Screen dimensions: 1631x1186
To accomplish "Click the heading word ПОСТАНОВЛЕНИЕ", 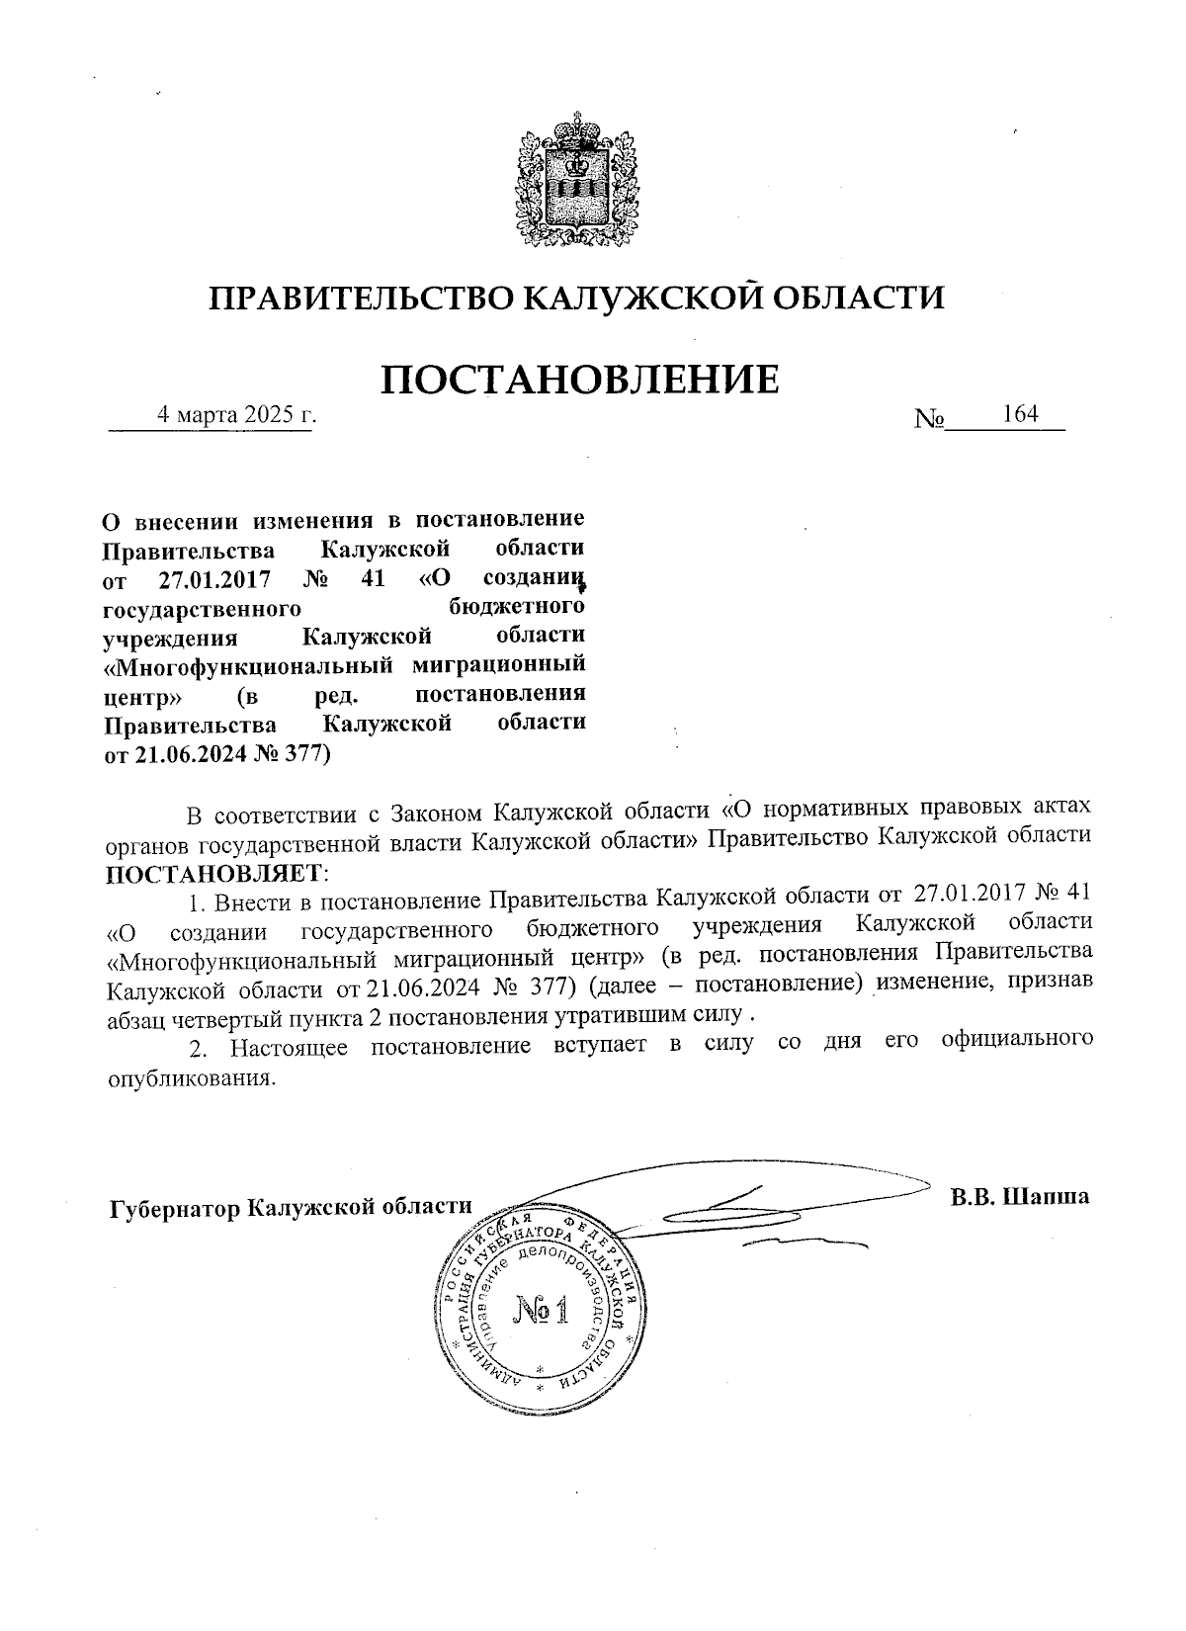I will click(580, 380).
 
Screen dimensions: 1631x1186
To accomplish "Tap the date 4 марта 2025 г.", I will click(237, 415).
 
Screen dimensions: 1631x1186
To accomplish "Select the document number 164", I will click(1019, 414).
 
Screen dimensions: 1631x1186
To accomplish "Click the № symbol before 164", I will click(930, 419).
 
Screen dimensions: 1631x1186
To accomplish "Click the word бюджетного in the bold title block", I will click(515, 605).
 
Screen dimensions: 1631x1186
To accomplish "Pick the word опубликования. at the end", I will click(188, 1078).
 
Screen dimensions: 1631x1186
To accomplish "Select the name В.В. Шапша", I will click(1019, 1197).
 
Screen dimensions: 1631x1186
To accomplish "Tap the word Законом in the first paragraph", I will click(437, 814).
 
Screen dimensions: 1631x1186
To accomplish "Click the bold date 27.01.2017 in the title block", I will click(215, 576).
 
